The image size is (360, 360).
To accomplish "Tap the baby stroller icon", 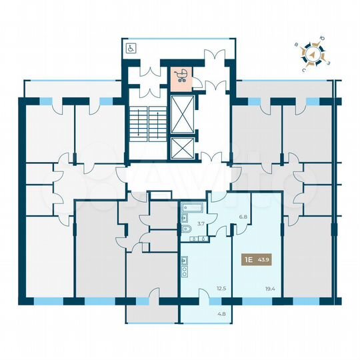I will (180, 75).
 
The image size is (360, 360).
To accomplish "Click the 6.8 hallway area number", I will (243, 216).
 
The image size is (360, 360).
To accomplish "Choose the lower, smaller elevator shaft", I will (181, 149).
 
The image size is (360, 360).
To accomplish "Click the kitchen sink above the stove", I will (184, 260).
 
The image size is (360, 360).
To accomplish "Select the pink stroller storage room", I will (180, 78).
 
